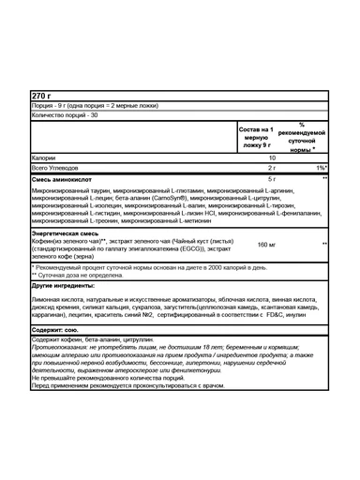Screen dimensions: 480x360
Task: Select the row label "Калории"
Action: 45,157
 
